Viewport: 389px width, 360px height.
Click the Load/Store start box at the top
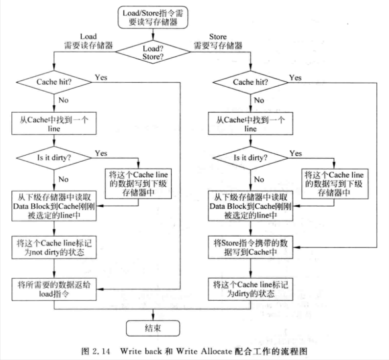pyautogui.click(x=153, y=17)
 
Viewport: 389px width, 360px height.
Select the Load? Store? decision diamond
pyautogui.click(x=153, y=52)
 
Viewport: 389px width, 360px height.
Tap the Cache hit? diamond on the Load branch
pyautogui.click(x=54, y=82)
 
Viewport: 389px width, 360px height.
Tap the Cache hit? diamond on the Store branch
pyautogui.click(x=251, y=82)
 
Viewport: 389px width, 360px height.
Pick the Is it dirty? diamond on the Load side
pyautogui.click(x=54, y=158)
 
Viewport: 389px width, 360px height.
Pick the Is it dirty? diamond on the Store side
pyautogui.click(x=251, y=158)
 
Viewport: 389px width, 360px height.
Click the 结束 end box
pyautogui.click(x=153, y=328)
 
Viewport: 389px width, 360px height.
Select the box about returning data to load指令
pyautogui.click(x=54, y=289)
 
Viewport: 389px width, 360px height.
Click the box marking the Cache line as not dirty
pyautogui.click(x=54, y=247)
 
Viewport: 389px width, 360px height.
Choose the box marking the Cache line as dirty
pyautogui.click(x=251, y=289)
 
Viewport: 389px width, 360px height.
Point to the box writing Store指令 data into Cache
pyautogui.click(x=251, y=247)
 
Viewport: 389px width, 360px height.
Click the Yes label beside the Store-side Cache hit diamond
pyautogui.click(x=295, y=78)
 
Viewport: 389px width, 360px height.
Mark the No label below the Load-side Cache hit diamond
pyautogui.click(x=63, y=100)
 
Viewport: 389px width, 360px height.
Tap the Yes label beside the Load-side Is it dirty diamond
pyautogui.click(x=101, y=153)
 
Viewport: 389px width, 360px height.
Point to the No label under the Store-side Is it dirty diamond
pyautogui.click(x=259, y=179)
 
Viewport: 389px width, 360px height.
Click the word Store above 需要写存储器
pyautogui.click(x=218, y=37)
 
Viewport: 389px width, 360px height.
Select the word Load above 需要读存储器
pyautogui.click(x=88, y=37)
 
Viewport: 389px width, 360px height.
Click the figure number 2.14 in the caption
pyautogui.click(x=101, y=351)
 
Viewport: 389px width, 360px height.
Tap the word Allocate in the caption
pyautogui.click(x=216, y=351)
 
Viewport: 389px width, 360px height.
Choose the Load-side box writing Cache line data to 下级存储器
pyautogui.click(x=138, y=184)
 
